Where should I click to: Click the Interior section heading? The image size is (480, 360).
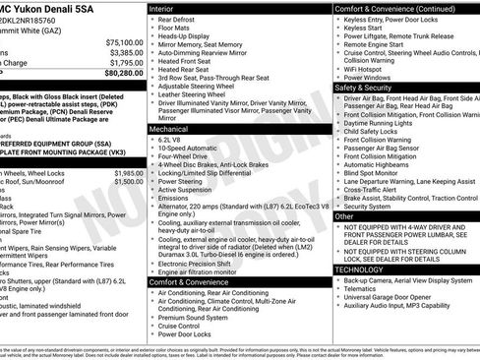(167, 8)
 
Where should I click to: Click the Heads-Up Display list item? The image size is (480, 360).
(193, 36)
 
